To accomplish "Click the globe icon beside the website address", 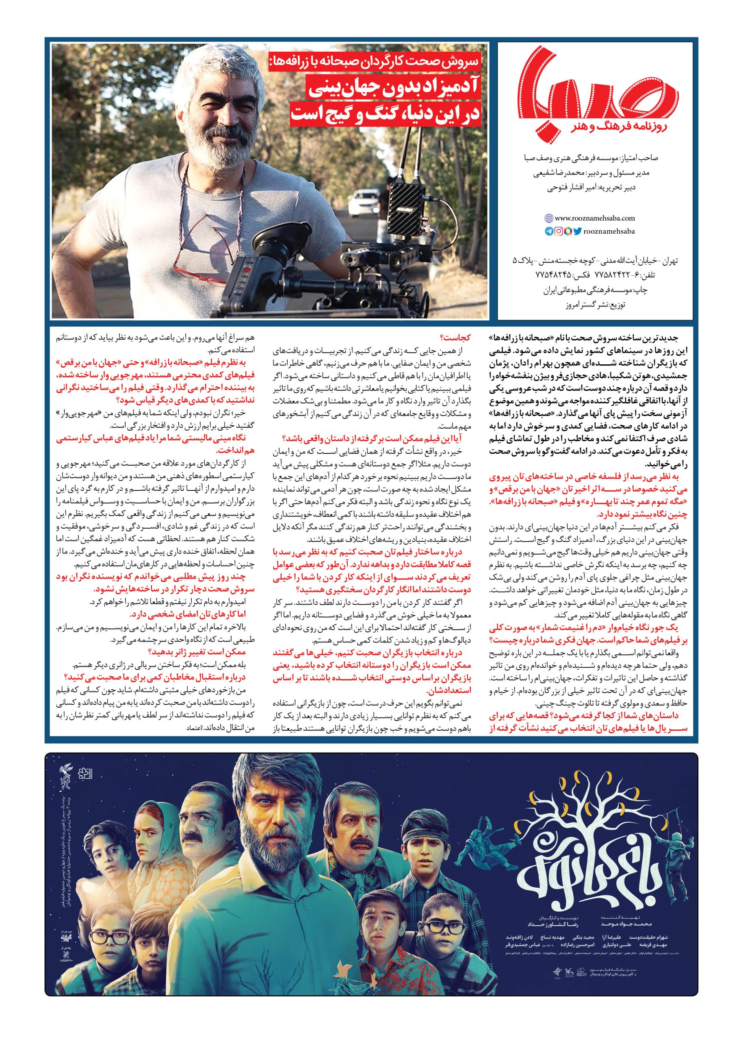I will [x=549, y=218].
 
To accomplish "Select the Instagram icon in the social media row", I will [x=559, y=231].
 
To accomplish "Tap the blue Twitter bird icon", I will [x=577, y=231].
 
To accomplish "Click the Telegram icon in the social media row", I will [x=549, y=231].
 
